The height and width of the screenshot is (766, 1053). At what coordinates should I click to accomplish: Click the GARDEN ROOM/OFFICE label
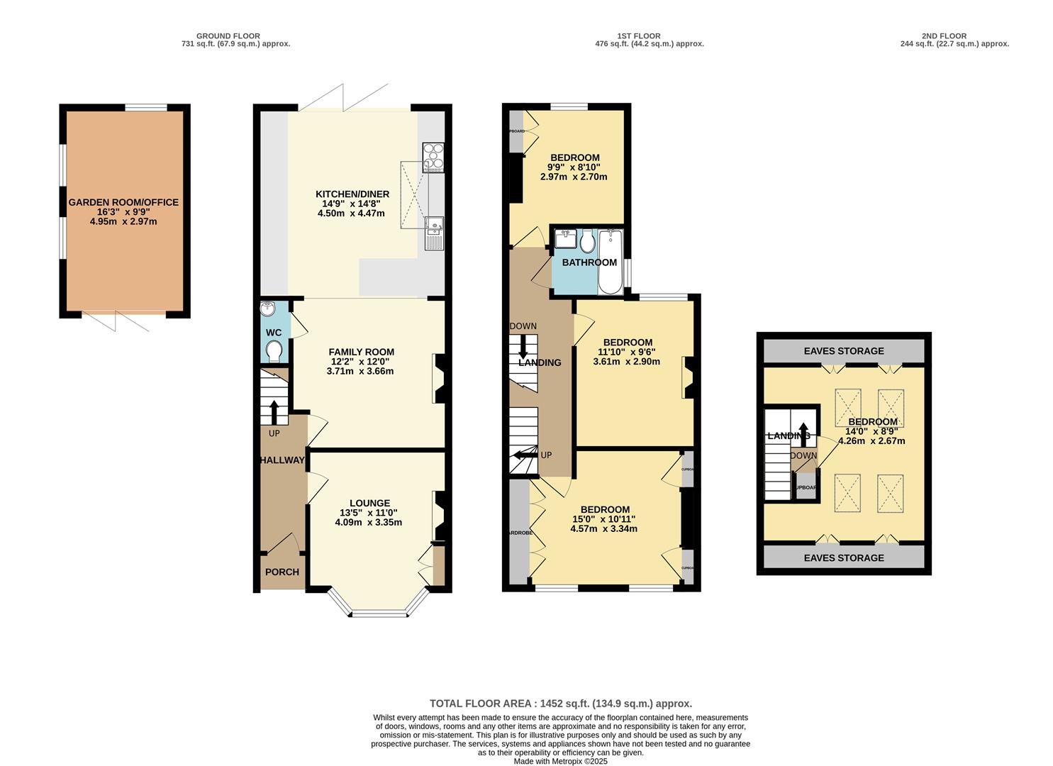coord(123,202)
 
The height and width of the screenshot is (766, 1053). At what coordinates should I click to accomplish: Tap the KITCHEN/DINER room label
coord(352,194)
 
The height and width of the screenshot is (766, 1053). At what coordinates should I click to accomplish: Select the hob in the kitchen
coord(433,157)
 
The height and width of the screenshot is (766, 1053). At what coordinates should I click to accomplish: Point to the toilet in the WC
coord(274,350)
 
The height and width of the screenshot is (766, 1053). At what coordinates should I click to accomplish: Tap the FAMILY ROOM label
coord(361,352)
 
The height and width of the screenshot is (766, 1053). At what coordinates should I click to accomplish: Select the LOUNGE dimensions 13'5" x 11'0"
coord(369,513)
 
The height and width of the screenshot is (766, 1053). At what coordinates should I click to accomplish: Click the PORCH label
coord(282,572)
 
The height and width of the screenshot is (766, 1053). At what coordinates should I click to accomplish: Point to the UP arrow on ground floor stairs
coord(274,412)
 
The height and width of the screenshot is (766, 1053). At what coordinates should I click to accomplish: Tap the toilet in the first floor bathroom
coord(586,243)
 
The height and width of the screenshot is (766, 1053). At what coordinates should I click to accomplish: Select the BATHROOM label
coord(589,262)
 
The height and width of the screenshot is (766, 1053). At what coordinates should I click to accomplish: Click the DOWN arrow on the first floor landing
coord(523,347)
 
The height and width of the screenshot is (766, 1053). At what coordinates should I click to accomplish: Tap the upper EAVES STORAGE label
coord(844,351)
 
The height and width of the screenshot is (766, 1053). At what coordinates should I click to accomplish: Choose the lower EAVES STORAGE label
coord(844,558)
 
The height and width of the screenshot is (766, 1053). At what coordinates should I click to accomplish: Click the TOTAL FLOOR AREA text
coord(560,704)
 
